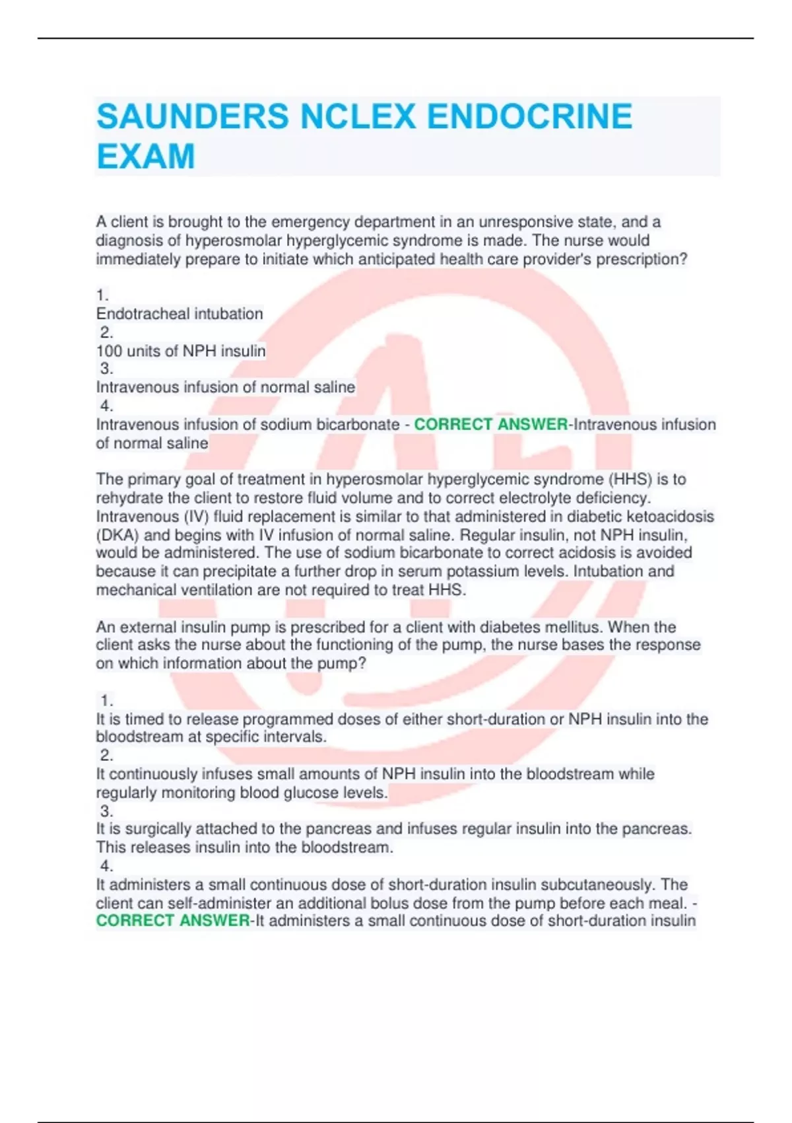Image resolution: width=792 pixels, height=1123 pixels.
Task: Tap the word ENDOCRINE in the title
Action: [x=529, y=116]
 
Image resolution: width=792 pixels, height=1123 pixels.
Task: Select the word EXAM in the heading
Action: [x=146, y=157]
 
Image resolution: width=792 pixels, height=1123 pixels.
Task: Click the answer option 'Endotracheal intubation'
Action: [x=180, y=314]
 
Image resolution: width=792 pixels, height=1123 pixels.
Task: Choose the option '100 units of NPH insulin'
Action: [x=181, y=351]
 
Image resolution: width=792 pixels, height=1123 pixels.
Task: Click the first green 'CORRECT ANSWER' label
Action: [x=490, y=424]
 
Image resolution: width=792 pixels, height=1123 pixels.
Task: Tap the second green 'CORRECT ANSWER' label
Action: [x=173, y=921]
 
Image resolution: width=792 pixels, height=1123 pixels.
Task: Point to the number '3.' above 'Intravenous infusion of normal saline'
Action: [x=106, y=369]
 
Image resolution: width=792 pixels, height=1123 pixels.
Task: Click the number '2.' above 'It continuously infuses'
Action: [x=106, y=755]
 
